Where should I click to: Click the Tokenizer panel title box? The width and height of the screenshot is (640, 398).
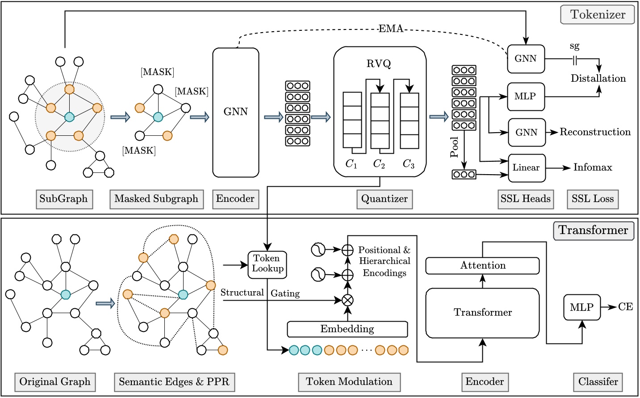pyautogui.click(x=597, y=15)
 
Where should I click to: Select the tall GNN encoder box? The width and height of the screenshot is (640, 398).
pyautogui.click(x=235, y=112)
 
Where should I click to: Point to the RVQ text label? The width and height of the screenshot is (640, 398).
pyautogui.click(x=379, y=64)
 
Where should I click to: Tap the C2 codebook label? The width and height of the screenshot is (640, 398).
pyautogui.click(x=379, y=164)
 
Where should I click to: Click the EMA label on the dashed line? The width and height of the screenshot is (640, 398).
pyautogui.click(x=391, y=29)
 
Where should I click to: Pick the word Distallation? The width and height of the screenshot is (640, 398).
pyautogui.click(x=598, y=79)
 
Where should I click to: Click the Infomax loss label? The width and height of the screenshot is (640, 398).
pyautogui.click(x=593, y=168)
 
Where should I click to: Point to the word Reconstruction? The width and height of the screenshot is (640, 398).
pyautogui.click(x=595, y=132)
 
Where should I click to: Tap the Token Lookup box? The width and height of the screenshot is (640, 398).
pyautogui.click(x=267, y=264)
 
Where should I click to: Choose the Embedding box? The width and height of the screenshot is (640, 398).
pyautogui.click(x=347, y=329)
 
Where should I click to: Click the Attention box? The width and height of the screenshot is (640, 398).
pyautogui.click(x=482, y=266)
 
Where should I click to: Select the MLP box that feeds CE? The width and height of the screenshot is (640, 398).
pyautogui.click(x=581, y=307)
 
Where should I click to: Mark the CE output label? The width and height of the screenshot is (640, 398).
pyautogui.click(x=625, y=307)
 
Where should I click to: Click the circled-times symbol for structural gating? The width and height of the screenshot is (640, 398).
pyautogui.click(x=347, y=300)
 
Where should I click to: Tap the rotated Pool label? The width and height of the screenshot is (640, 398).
pyautogui.click(x=454, y=147)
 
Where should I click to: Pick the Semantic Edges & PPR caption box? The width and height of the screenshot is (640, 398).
pyautogui.click(x=174, y=382)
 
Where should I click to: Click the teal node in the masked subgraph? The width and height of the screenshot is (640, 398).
pyautogui.click(x=158, y=117)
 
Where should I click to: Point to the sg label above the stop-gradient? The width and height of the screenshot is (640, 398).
pyautogui.click(x=574, y=46)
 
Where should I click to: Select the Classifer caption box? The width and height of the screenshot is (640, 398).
pyautogui.click(x=598, y=382)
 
